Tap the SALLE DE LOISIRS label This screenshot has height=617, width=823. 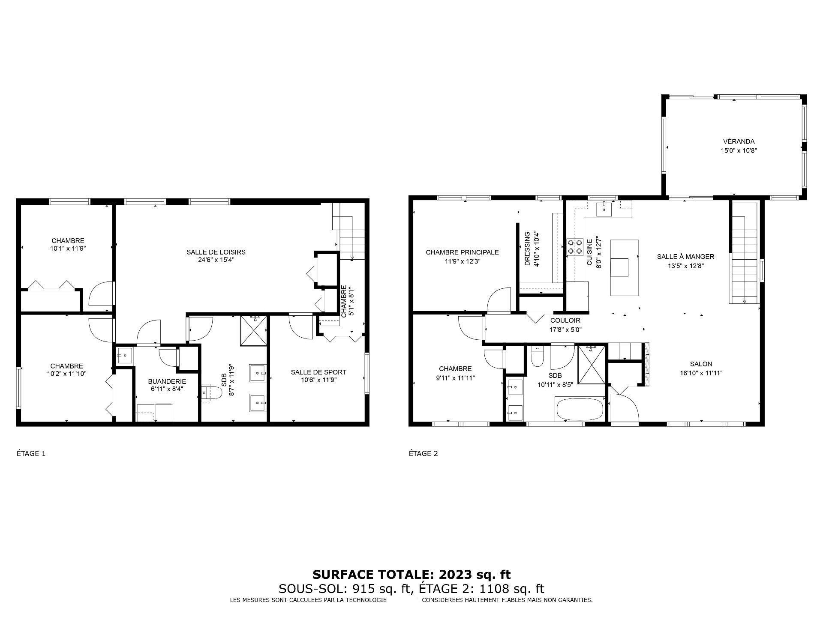click(x=216, y=252)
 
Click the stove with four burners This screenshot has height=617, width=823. click(x=575, y=247)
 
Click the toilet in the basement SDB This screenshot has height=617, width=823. click(x=212, y=392)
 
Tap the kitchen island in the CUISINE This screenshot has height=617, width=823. click(x=624, y=268)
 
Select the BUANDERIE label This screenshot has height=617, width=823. click(x=167, y=381)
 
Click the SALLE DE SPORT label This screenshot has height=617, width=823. click(x=318, y=372)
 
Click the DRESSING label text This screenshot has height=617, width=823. click(x=528, y=249)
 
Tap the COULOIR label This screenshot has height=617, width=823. click(x=565, y=320)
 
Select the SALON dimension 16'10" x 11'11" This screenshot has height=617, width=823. click(x=701, y=373)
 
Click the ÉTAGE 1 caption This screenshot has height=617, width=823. click(x=31, y=454)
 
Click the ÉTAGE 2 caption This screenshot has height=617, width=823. click(x=423, y=454)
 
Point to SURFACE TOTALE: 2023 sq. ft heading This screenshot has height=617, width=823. click(x=411, y=575)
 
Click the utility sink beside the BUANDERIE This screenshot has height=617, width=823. click(x=125, y=355)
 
